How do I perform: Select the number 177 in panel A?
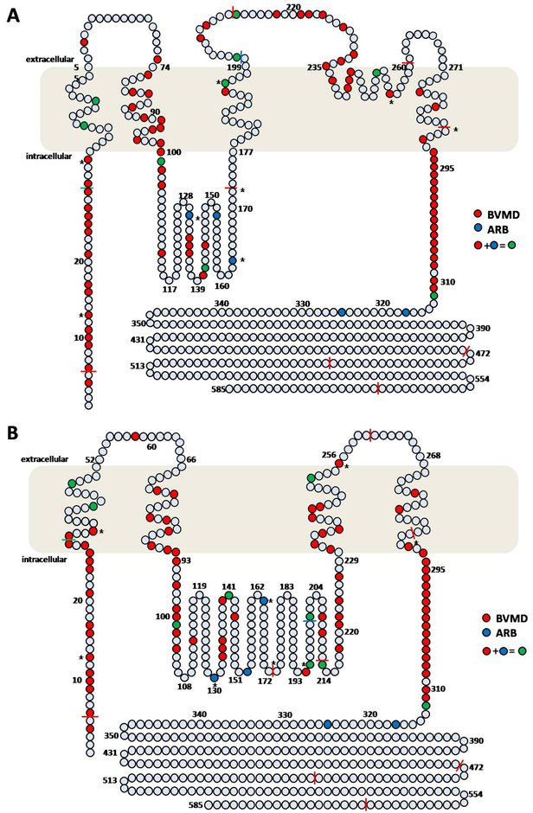click(x=246, y=153)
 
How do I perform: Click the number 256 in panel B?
click(x=328, y=454)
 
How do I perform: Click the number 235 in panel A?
click(x=314, y=67)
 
